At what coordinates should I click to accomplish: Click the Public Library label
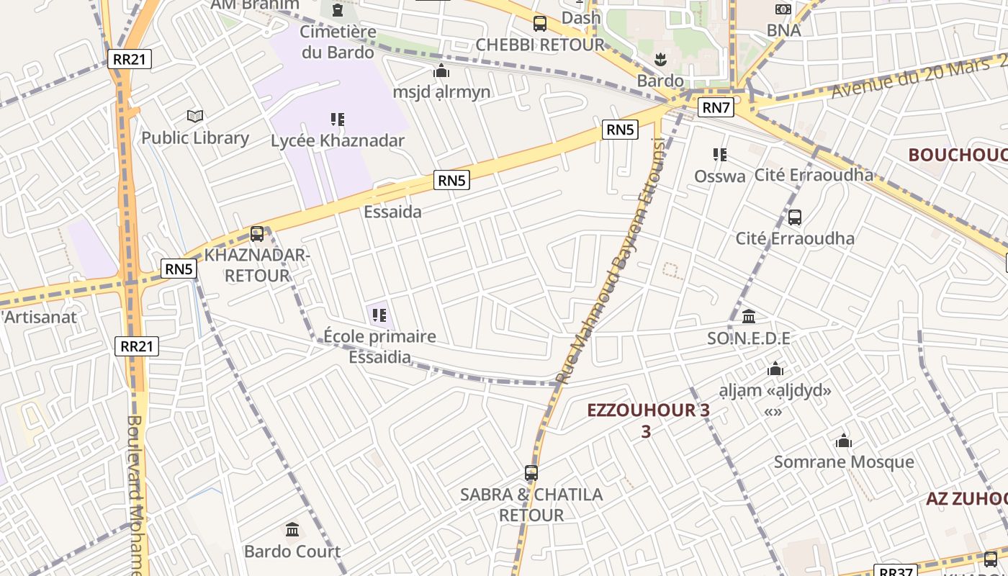[195, 138]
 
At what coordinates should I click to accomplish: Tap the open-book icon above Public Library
[195, 116]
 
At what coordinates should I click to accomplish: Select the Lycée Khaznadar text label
[338, 140]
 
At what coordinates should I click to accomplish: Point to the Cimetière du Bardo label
[338, 42]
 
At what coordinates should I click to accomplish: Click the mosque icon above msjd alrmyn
[441, 71]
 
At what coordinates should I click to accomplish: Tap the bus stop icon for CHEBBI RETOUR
[540, 24]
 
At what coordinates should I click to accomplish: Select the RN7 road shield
[716, 108]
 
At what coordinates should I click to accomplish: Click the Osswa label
[719, 176]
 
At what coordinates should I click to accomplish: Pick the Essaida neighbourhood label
[392, 212]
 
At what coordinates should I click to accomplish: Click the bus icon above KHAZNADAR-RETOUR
[257, 234]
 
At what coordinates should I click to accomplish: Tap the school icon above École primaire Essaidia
[379, 315]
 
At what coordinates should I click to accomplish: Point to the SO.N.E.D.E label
[749, 338]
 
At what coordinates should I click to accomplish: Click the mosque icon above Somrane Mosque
[844, 441]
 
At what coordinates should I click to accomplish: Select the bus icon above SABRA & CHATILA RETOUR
[531, 473]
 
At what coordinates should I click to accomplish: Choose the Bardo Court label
[292, 552]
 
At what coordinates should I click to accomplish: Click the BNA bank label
[783, 30]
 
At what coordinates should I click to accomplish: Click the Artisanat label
[40, 317]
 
